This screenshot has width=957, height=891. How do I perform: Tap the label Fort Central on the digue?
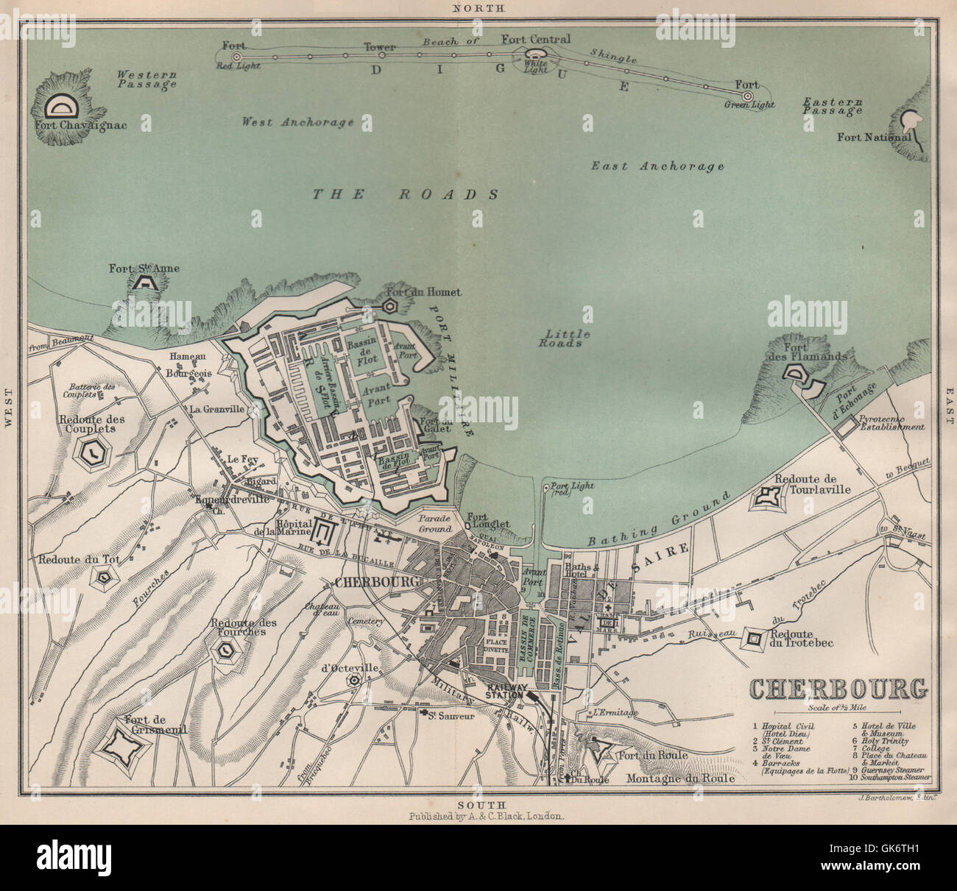[x=535, y=39]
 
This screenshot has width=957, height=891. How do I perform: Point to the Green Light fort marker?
[x=748, y=96]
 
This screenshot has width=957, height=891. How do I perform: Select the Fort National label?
[x=874, y=137]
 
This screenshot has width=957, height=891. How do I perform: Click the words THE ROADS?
[x=406, y=194]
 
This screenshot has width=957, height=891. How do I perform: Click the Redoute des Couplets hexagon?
[x=94, y=455]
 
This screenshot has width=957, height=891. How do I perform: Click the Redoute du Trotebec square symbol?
[x=753, y=639]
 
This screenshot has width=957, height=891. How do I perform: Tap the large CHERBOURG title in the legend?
[x=838, y=690]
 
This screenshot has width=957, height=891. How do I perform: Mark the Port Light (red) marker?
[x=545, y=487]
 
